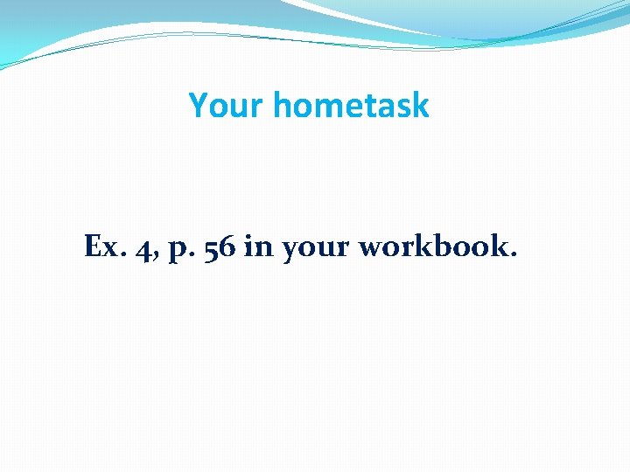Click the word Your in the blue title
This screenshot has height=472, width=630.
point(225,106)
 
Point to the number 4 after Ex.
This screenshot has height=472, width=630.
point(141,248)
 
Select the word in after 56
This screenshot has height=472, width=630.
point(258,247)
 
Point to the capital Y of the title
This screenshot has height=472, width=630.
point(198,106)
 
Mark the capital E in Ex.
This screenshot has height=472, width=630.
point(94,247)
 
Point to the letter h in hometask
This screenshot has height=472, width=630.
point(281,106)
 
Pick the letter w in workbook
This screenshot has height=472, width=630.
point(372,249)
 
